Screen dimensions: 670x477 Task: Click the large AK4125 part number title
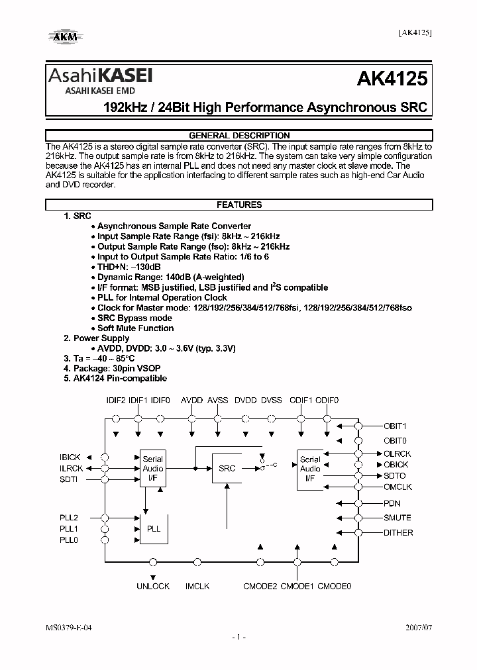(392, 80)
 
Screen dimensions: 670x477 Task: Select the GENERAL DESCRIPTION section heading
(239, 135)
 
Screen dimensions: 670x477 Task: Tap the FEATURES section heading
(239, 205)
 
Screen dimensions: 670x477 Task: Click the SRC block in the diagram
(227, 468)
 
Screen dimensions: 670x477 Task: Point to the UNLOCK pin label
(153, 586)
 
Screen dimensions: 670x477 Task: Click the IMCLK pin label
(197, 586)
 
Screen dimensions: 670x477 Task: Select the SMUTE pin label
(397, 518)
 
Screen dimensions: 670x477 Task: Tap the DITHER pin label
(398, 532)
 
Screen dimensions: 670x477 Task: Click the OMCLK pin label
(398, 487)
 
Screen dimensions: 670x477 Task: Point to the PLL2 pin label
(69, 517)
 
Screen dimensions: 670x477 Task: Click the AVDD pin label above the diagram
(192, 401)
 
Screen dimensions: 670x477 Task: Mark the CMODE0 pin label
(334, 586)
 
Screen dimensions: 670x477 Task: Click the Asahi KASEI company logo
(99, 78)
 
